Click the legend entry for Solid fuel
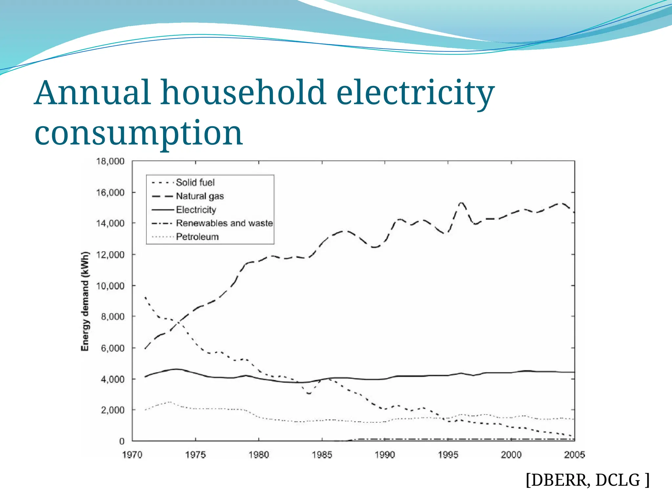195,182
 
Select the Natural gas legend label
199,196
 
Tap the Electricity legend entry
196,210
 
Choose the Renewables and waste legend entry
224,223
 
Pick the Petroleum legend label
197,237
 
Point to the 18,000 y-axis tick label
110,161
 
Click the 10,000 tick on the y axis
110,286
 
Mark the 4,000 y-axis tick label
113,379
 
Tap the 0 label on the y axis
122,441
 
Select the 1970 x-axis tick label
132,455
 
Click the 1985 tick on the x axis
322,455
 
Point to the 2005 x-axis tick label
574,455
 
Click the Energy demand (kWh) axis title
85,301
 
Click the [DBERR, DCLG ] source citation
587,480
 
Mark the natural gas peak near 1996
462,203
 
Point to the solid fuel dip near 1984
309,393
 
